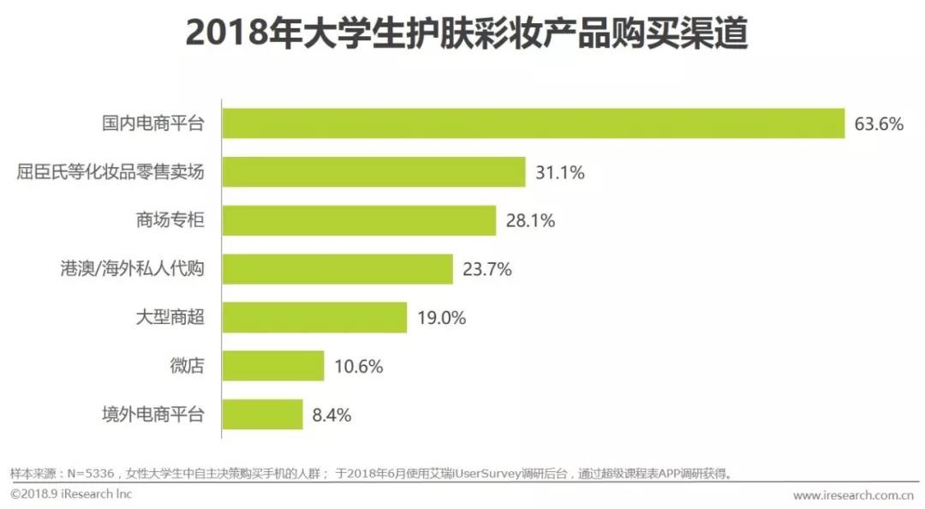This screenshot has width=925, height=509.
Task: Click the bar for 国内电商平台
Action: (533, 123)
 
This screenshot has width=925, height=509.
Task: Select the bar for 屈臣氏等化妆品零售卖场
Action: (373, 172)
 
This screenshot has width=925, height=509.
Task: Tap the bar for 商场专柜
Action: (359, 220)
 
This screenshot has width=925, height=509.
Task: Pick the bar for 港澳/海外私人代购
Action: (337, 269)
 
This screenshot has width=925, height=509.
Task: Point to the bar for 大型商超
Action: (314, 318)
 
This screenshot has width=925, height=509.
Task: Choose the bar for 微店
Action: (273, 366)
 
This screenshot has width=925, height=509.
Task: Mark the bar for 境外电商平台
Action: (262, 415)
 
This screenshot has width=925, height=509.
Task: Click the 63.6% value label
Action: (879, 124)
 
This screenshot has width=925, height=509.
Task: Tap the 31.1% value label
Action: (560, 173)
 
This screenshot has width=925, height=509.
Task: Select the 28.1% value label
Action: (531, 221)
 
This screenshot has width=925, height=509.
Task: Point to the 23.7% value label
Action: (487, 270)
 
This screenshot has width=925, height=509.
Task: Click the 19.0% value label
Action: (441, 319)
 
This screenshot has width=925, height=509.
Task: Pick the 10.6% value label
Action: (358, 367)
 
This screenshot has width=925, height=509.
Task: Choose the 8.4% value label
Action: (331, 416)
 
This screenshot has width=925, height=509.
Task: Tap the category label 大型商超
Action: (170, 319)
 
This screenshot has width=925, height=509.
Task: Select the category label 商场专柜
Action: (170, 221)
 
